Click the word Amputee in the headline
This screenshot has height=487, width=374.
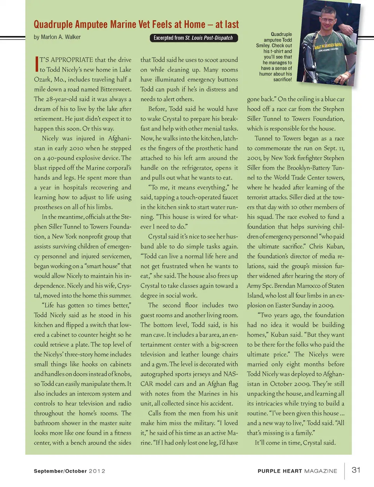pos(92,25)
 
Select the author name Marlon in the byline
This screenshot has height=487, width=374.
pos(49,37)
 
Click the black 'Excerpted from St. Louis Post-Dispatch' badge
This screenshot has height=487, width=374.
pos(193,38)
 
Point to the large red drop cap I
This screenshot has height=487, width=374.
pos(36,64)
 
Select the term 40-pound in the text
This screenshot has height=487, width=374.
pos(60,158)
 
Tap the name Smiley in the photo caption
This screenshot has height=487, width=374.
pos(263,46)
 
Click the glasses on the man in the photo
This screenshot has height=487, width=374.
pos(328,20)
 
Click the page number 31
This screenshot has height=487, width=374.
pos(356,470)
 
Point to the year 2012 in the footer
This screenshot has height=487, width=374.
pos(97,471)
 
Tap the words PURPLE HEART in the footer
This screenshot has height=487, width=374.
pos(280,471)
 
